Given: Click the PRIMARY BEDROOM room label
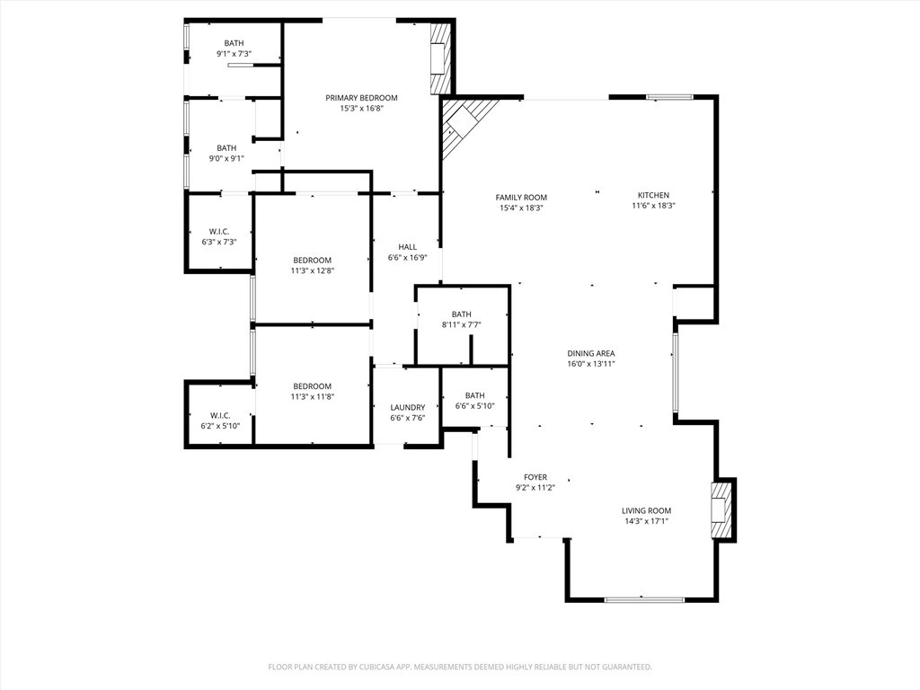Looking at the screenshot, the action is pos(361,98).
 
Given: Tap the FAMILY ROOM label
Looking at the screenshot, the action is pos(521,198).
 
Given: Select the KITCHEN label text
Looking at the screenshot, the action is pos(654,195).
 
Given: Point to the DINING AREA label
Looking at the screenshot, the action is pos(591,353).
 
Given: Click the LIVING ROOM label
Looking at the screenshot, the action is pos(647,510).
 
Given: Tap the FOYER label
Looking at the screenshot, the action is pos(535,478).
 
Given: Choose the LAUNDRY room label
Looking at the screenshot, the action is pos(408,407).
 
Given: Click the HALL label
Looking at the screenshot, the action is pos(407,247).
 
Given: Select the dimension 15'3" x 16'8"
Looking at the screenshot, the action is pos(361,109).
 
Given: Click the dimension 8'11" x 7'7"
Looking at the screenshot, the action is pos(462,324).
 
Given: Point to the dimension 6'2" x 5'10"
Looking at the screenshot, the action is pos(220,426).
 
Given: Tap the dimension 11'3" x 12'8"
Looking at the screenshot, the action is pos(312,270).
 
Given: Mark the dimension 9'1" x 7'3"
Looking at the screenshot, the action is pos(234,53).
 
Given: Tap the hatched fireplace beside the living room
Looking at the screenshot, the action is pos(721,510).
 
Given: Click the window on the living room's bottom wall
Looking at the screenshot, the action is pos(644,599).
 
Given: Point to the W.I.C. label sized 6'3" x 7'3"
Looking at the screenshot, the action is pos(219,231).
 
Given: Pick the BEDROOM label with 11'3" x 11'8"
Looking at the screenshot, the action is pos(312,386).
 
